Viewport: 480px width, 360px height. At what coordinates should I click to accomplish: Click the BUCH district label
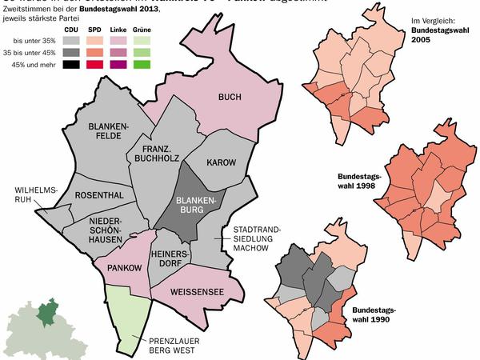coord(230,97)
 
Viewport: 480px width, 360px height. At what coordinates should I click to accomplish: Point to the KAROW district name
coord(221,162)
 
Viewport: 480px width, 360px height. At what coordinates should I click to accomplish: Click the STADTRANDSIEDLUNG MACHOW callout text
coord(256,238)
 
